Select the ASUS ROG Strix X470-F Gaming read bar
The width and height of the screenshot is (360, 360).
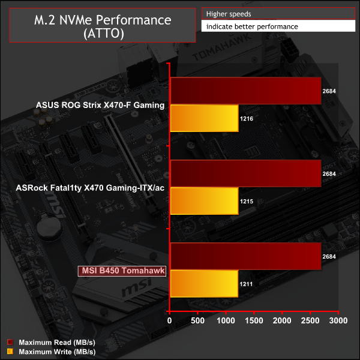pos(245,91)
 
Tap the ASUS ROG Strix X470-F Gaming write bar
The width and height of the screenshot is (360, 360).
pos(205,119)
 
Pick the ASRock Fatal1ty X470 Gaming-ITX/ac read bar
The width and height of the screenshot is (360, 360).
pos(245,173)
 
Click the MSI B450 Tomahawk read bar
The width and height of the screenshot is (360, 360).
pos(245,256)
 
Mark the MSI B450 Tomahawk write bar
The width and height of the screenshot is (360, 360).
pos(205,284)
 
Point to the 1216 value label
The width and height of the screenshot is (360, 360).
pos(247,119)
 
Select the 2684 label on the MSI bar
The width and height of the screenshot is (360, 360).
pos(329,257)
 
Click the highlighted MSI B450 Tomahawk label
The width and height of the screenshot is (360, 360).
pos(122,271)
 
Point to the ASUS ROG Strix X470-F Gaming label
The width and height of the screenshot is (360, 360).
pos(100,106)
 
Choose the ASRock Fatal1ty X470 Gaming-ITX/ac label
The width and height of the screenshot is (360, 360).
pos(91,188)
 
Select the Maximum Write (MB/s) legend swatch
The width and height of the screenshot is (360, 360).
pos(10,351)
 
